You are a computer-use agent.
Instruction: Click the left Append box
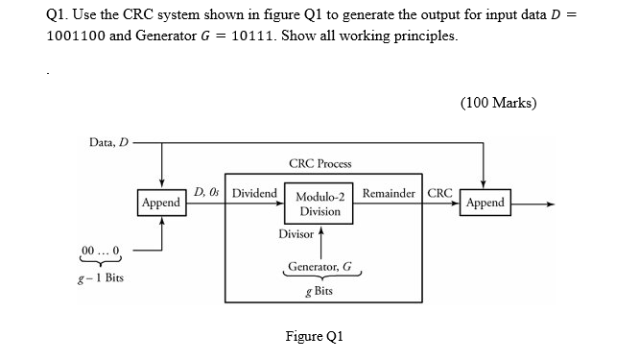(160, 204)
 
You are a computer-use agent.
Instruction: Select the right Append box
(484, 204)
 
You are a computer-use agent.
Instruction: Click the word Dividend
(254, 193)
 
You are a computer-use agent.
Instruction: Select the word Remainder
(388, 193)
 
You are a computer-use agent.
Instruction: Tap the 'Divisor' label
(296, 234)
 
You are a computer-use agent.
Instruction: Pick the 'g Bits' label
(318, 289)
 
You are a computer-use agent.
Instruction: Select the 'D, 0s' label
(207, 193)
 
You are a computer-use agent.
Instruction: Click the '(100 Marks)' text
(499, 103)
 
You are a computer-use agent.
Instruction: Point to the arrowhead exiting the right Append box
(548, 204)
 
